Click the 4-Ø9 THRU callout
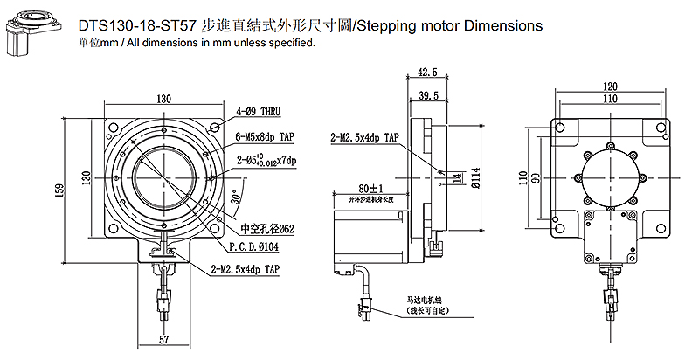coord(260,113)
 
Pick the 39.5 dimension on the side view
coord(428,94)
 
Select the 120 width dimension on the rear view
coord(610,87)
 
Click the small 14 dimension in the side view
coord(458,179)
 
